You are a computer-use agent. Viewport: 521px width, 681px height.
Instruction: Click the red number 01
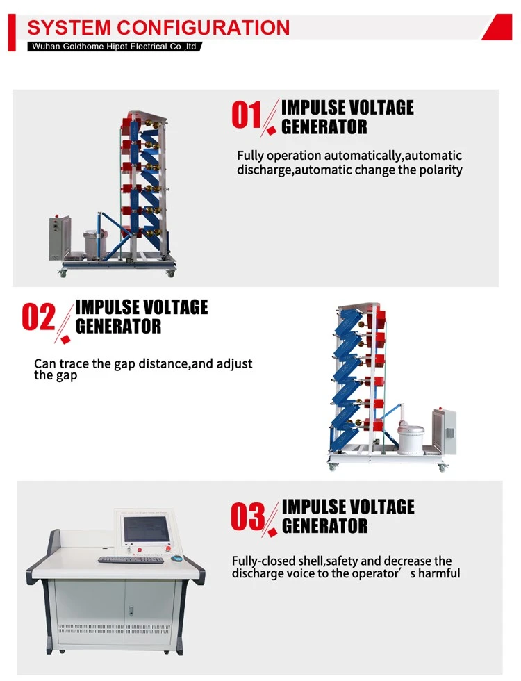[x=246, y=115]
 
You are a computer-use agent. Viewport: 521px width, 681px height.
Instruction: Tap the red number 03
[x=247, y=516]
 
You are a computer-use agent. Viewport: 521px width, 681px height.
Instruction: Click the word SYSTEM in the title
[x=69, y=27]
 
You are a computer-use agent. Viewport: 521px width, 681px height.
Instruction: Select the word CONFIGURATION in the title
[x=204, y=27]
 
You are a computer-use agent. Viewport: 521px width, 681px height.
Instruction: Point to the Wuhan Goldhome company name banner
[x=114, y=47]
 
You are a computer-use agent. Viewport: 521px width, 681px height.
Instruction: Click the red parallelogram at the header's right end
[x=497, y=27]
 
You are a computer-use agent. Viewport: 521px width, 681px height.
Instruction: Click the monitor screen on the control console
[x=147, y=530]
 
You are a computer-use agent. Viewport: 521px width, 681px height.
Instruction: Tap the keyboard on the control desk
[x=131, y=560]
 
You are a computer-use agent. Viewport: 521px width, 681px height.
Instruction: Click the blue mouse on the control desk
[x=178, y=559]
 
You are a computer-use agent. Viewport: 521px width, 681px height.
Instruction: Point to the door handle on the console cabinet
[x=131, y=610]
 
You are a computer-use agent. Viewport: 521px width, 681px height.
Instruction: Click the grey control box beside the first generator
[x=60, y=237]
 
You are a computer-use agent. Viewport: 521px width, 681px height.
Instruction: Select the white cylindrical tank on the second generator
[x=411, y=437]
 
